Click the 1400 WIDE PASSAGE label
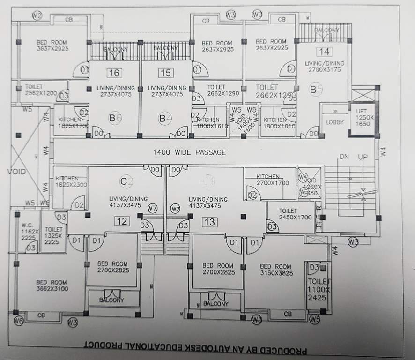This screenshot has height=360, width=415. click(189, 152)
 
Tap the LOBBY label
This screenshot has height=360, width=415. click(334, 122)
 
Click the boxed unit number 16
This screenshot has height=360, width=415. click(113, 73)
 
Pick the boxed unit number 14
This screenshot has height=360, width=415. click(323, 52)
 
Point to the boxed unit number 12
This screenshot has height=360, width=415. click(122, 222)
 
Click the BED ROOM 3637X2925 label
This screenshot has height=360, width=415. click(52, 45)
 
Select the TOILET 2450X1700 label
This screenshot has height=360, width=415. click(295, 214)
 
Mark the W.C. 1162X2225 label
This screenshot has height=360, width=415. click(28, 231)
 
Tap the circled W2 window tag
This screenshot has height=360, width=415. click(37, 16)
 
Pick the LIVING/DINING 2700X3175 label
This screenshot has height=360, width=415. click(324, 66)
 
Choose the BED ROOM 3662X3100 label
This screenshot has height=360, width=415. click(52, 285)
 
